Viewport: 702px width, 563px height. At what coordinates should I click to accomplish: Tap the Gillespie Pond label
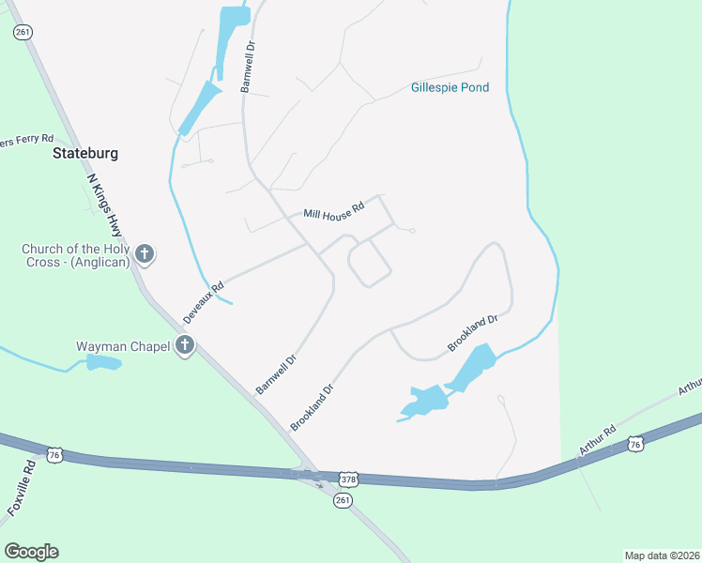pyautogui.click(x=450, y=88)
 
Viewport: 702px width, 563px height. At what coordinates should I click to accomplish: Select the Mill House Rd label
pyautogui.click(x=333, y=212)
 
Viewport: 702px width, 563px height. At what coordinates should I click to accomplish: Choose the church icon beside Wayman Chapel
pyautogui.click(x=185, y=346)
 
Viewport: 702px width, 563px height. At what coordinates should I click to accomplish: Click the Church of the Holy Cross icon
pyautogui.click(x=145, y=254)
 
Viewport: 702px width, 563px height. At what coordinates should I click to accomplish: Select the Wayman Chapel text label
pyautogui.click(x=123, y=347)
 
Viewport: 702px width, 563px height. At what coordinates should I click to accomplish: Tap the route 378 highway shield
pyautogui.click(x=348, y=479)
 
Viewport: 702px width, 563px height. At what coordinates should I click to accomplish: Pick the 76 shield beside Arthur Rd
pyautogui.click(x=636, y=443)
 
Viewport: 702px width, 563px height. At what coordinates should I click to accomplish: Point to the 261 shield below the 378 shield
pyautogui.click(x=343, y=501)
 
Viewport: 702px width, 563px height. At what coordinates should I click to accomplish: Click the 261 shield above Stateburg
pyautogui.click(x=23, y=32)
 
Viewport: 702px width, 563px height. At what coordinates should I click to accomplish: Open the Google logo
pyautogui.click(x=31, y=552)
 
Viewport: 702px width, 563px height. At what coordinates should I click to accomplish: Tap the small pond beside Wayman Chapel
pyautogui.click(x=104, y=362)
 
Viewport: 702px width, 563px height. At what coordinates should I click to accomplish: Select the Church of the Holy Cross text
pyautogui.click(x=76, y=255)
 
